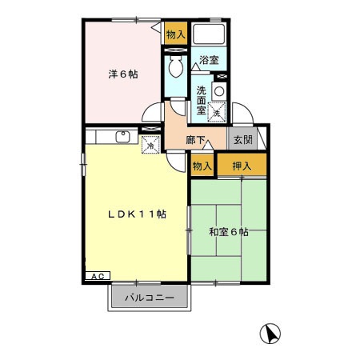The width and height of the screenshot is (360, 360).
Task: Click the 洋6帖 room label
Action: pos(122,74)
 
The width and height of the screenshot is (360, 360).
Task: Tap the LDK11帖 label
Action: pos(138,214)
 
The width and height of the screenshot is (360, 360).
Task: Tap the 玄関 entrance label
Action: pos(242,139)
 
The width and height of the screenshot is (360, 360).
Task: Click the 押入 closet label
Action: pos(242,166)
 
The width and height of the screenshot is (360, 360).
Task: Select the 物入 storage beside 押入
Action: pos(202,166)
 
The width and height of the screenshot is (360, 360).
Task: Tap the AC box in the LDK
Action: pos(97,276)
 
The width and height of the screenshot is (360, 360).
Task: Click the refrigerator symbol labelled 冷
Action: pos(149,145)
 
